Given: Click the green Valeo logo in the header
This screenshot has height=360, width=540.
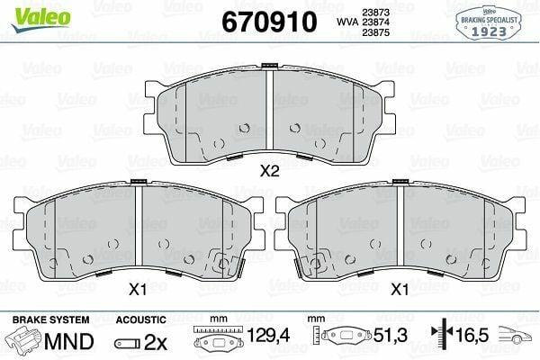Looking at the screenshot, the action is coord(40,18).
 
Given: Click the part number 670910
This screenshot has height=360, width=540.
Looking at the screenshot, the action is coord(269,22).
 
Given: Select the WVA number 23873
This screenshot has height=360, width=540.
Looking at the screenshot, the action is coord(375,13).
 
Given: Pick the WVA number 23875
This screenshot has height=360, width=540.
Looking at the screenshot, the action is coord(375,32).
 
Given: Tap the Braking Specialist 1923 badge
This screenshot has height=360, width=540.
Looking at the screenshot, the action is coord(489,22).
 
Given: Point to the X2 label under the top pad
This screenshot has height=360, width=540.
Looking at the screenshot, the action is coord(270,171).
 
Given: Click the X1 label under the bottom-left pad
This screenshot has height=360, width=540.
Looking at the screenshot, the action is coord(138,290).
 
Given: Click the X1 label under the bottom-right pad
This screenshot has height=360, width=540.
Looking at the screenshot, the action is coord(400,290).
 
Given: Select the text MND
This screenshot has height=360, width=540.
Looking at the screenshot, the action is coord(69,341).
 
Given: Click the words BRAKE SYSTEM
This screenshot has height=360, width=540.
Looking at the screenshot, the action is coord(51,319).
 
